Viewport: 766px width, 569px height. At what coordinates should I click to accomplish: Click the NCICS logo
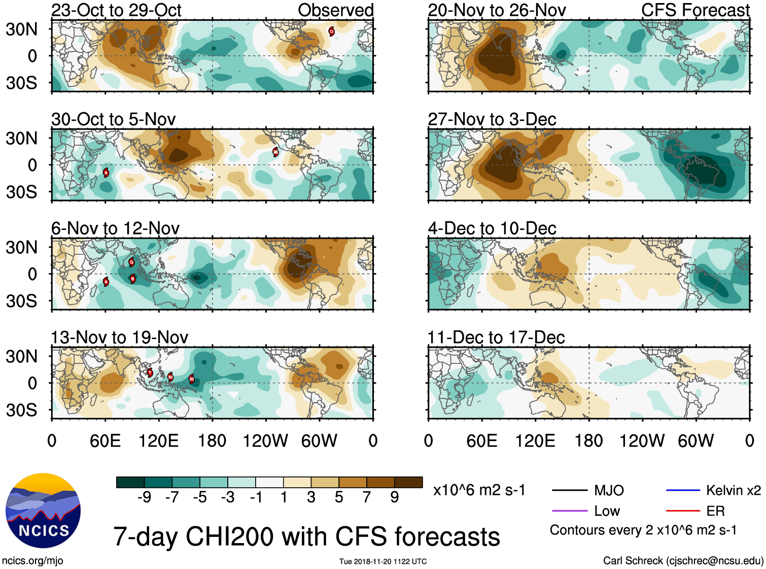coord(43,510)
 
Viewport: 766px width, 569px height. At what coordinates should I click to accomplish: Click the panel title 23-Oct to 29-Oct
coord(116,10)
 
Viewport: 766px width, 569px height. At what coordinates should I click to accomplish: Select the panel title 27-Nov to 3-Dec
coord(492,119)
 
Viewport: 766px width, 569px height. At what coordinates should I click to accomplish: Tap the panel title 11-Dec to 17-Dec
coord(496,338)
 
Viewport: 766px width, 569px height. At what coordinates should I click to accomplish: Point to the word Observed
coord(335,10)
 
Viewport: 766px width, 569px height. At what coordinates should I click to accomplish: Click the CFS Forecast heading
coord(695,10)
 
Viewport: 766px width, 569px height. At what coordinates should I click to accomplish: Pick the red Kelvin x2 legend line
coord(683,490)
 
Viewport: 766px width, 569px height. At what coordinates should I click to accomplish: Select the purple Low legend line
coord(569,511)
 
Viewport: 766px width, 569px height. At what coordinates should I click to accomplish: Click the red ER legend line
coord(683,511)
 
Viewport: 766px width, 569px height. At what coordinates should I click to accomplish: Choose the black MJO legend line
coord(569,490)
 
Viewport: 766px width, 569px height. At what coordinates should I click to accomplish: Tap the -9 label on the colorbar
coord(144,497)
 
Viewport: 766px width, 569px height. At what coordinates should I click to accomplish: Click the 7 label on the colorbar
coord(367,497)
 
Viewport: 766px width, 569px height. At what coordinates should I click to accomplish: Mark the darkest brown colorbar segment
coord(408,482)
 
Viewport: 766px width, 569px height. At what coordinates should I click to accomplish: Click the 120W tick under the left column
coord(265,441)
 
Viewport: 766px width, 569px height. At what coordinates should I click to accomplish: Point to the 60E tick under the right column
coord(481,441)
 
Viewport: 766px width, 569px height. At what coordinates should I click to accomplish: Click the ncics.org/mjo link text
coord(32,561)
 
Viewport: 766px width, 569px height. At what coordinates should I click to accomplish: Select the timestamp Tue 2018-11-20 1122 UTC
coord(383,561)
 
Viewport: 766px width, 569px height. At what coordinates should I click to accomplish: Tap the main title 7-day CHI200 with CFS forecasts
coord(306,537)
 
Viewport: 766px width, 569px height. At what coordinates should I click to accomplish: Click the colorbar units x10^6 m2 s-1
coord(479,490)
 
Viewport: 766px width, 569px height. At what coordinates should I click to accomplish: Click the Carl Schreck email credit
coord(683,561)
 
